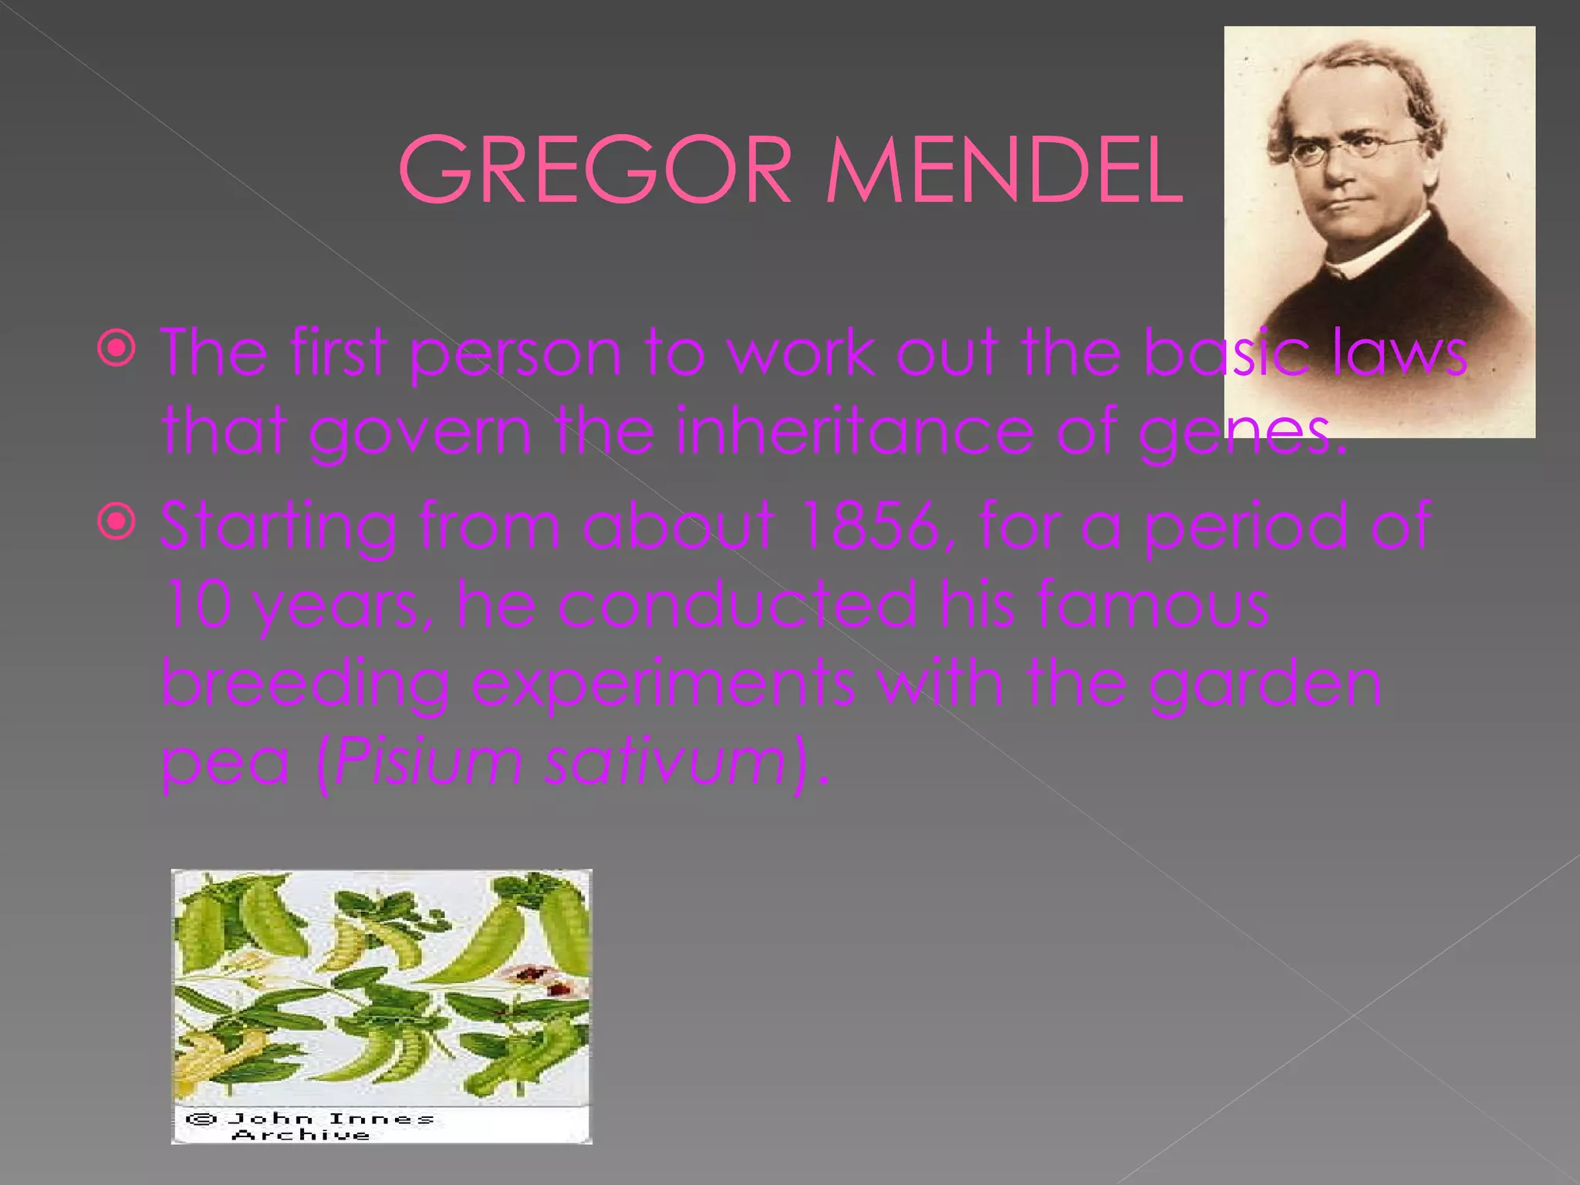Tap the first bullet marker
pyautogui.click(x=117, y=349)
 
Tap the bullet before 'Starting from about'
pyautogui.click(x=117, y=523)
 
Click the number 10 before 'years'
pyautogui.click(x=197, y=604)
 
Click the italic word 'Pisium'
pyautogui.click(x=429, y=762)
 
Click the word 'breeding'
pyautogui.click(x=306, y=684)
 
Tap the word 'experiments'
pyautogui.click(x=662, y=684)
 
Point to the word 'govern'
pyautogui.click(x=420, y=432)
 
